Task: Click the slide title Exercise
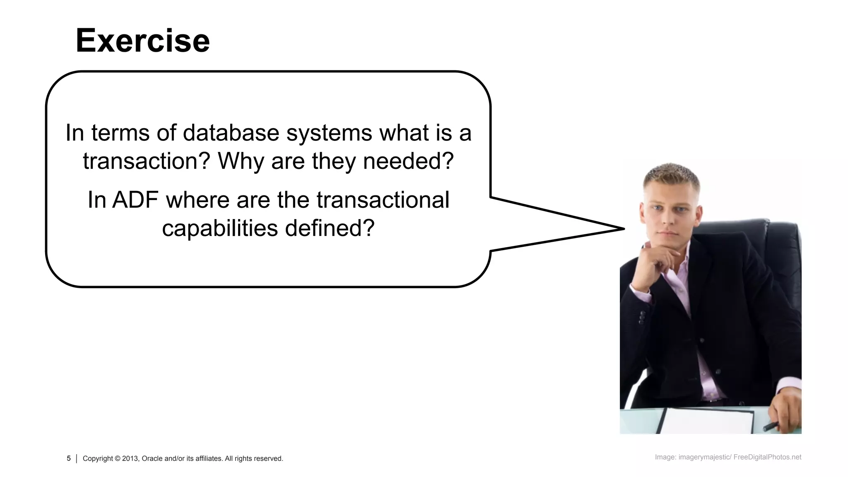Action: (x=143, y=41)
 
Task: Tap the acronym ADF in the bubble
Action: (x=135, y=200)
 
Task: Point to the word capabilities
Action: (x=220, y=228)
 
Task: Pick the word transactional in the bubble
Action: (x=383, y=200)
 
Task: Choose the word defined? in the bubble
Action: (x=330, y=228)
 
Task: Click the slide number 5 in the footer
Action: (x=69, y=458)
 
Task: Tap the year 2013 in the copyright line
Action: (x=130, y=458)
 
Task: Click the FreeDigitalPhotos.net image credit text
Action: (x=767, y=457)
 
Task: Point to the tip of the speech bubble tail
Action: (x=623, y=229)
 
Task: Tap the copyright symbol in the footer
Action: (x=118, y=458)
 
